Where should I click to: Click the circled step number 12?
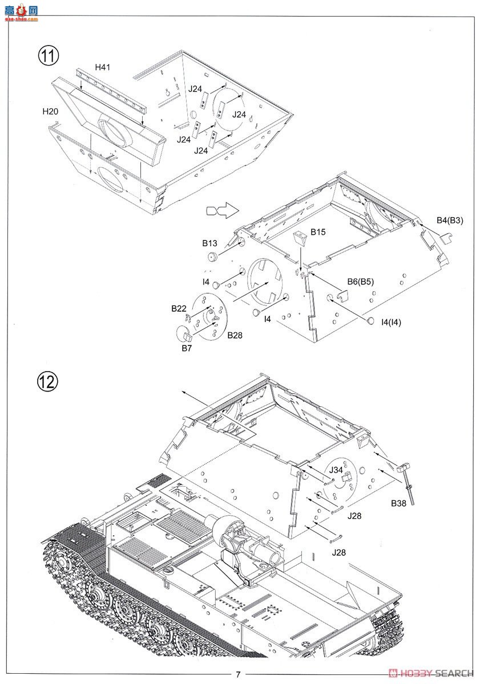[x=49, y=381]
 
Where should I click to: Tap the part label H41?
[x=102, y=67]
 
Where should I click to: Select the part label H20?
[x=50, y=111]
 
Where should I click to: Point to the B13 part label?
[x=209, y=243]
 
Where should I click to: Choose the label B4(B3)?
[x=450, y=220]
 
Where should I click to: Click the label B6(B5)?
[x=361, y=281]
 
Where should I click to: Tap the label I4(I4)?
[x=391, y=322]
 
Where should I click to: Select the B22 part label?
[x=179, y=308]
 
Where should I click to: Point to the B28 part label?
[x=235, y=335]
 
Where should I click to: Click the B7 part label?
[x=186, y=348]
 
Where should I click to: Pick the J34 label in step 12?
[x=336, y=471]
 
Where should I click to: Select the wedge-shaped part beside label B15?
[x=301, y=238]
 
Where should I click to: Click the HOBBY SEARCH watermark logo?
[x=429, y=674]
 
